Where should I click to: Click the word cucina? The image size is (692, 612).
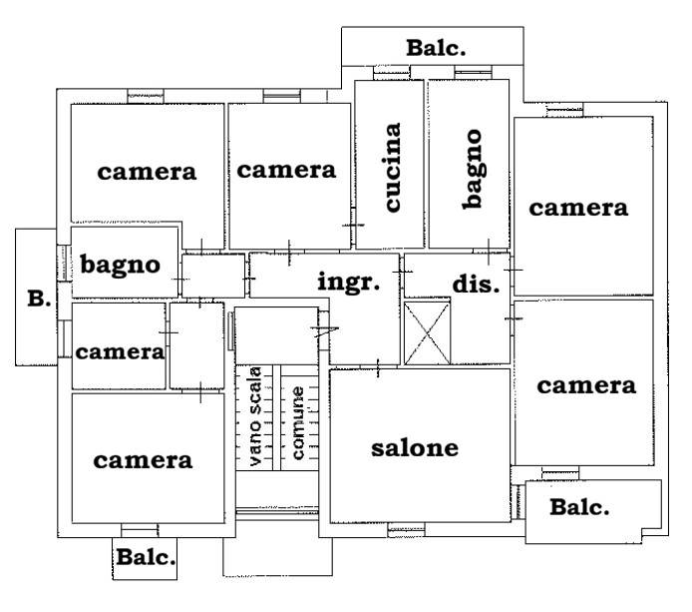[393, 167]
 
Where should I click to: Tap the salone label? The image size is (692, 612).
[415, 448]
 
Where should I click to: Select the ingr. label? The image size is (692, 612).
[349, 282]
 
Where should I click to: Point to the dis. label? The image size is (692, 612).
[476, 284]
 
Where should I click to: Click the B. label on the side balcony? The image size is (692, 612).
[39, 299]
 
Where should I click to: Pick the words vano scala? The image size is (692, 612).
[255, 416]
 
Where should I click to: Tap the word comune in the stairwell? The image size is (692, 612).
[298, 423]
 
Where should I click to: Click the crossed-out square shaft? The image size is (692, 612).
[427, 333]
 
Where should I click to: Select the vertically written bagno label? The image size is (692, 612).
[473, 169]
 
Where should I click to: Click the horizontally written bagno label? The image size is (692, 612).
[120, 266]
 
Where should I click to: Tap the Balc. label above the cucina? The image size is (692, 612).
[436, 48]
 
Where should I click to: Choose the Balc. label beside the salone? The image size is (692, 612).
[579, 507]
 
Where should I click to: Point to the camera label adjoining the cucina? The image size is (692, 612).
[286, 171]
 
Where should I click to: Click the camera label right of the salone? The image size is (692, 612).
[586, 386]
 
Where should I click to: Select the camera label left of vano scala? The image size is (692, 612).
[143, 461]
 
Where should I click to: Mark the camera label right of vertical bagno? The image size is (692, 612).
[578, 208]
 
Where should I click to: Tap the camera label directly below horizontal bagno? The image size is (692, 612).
[120, 352]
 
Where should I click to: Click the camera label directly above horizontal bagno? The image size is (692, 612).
[147, 172]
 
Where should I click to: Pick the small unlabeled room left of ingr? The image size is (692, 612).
[213, 276]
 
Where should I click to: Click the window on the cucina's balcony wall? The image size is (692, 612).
[392, 73]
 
